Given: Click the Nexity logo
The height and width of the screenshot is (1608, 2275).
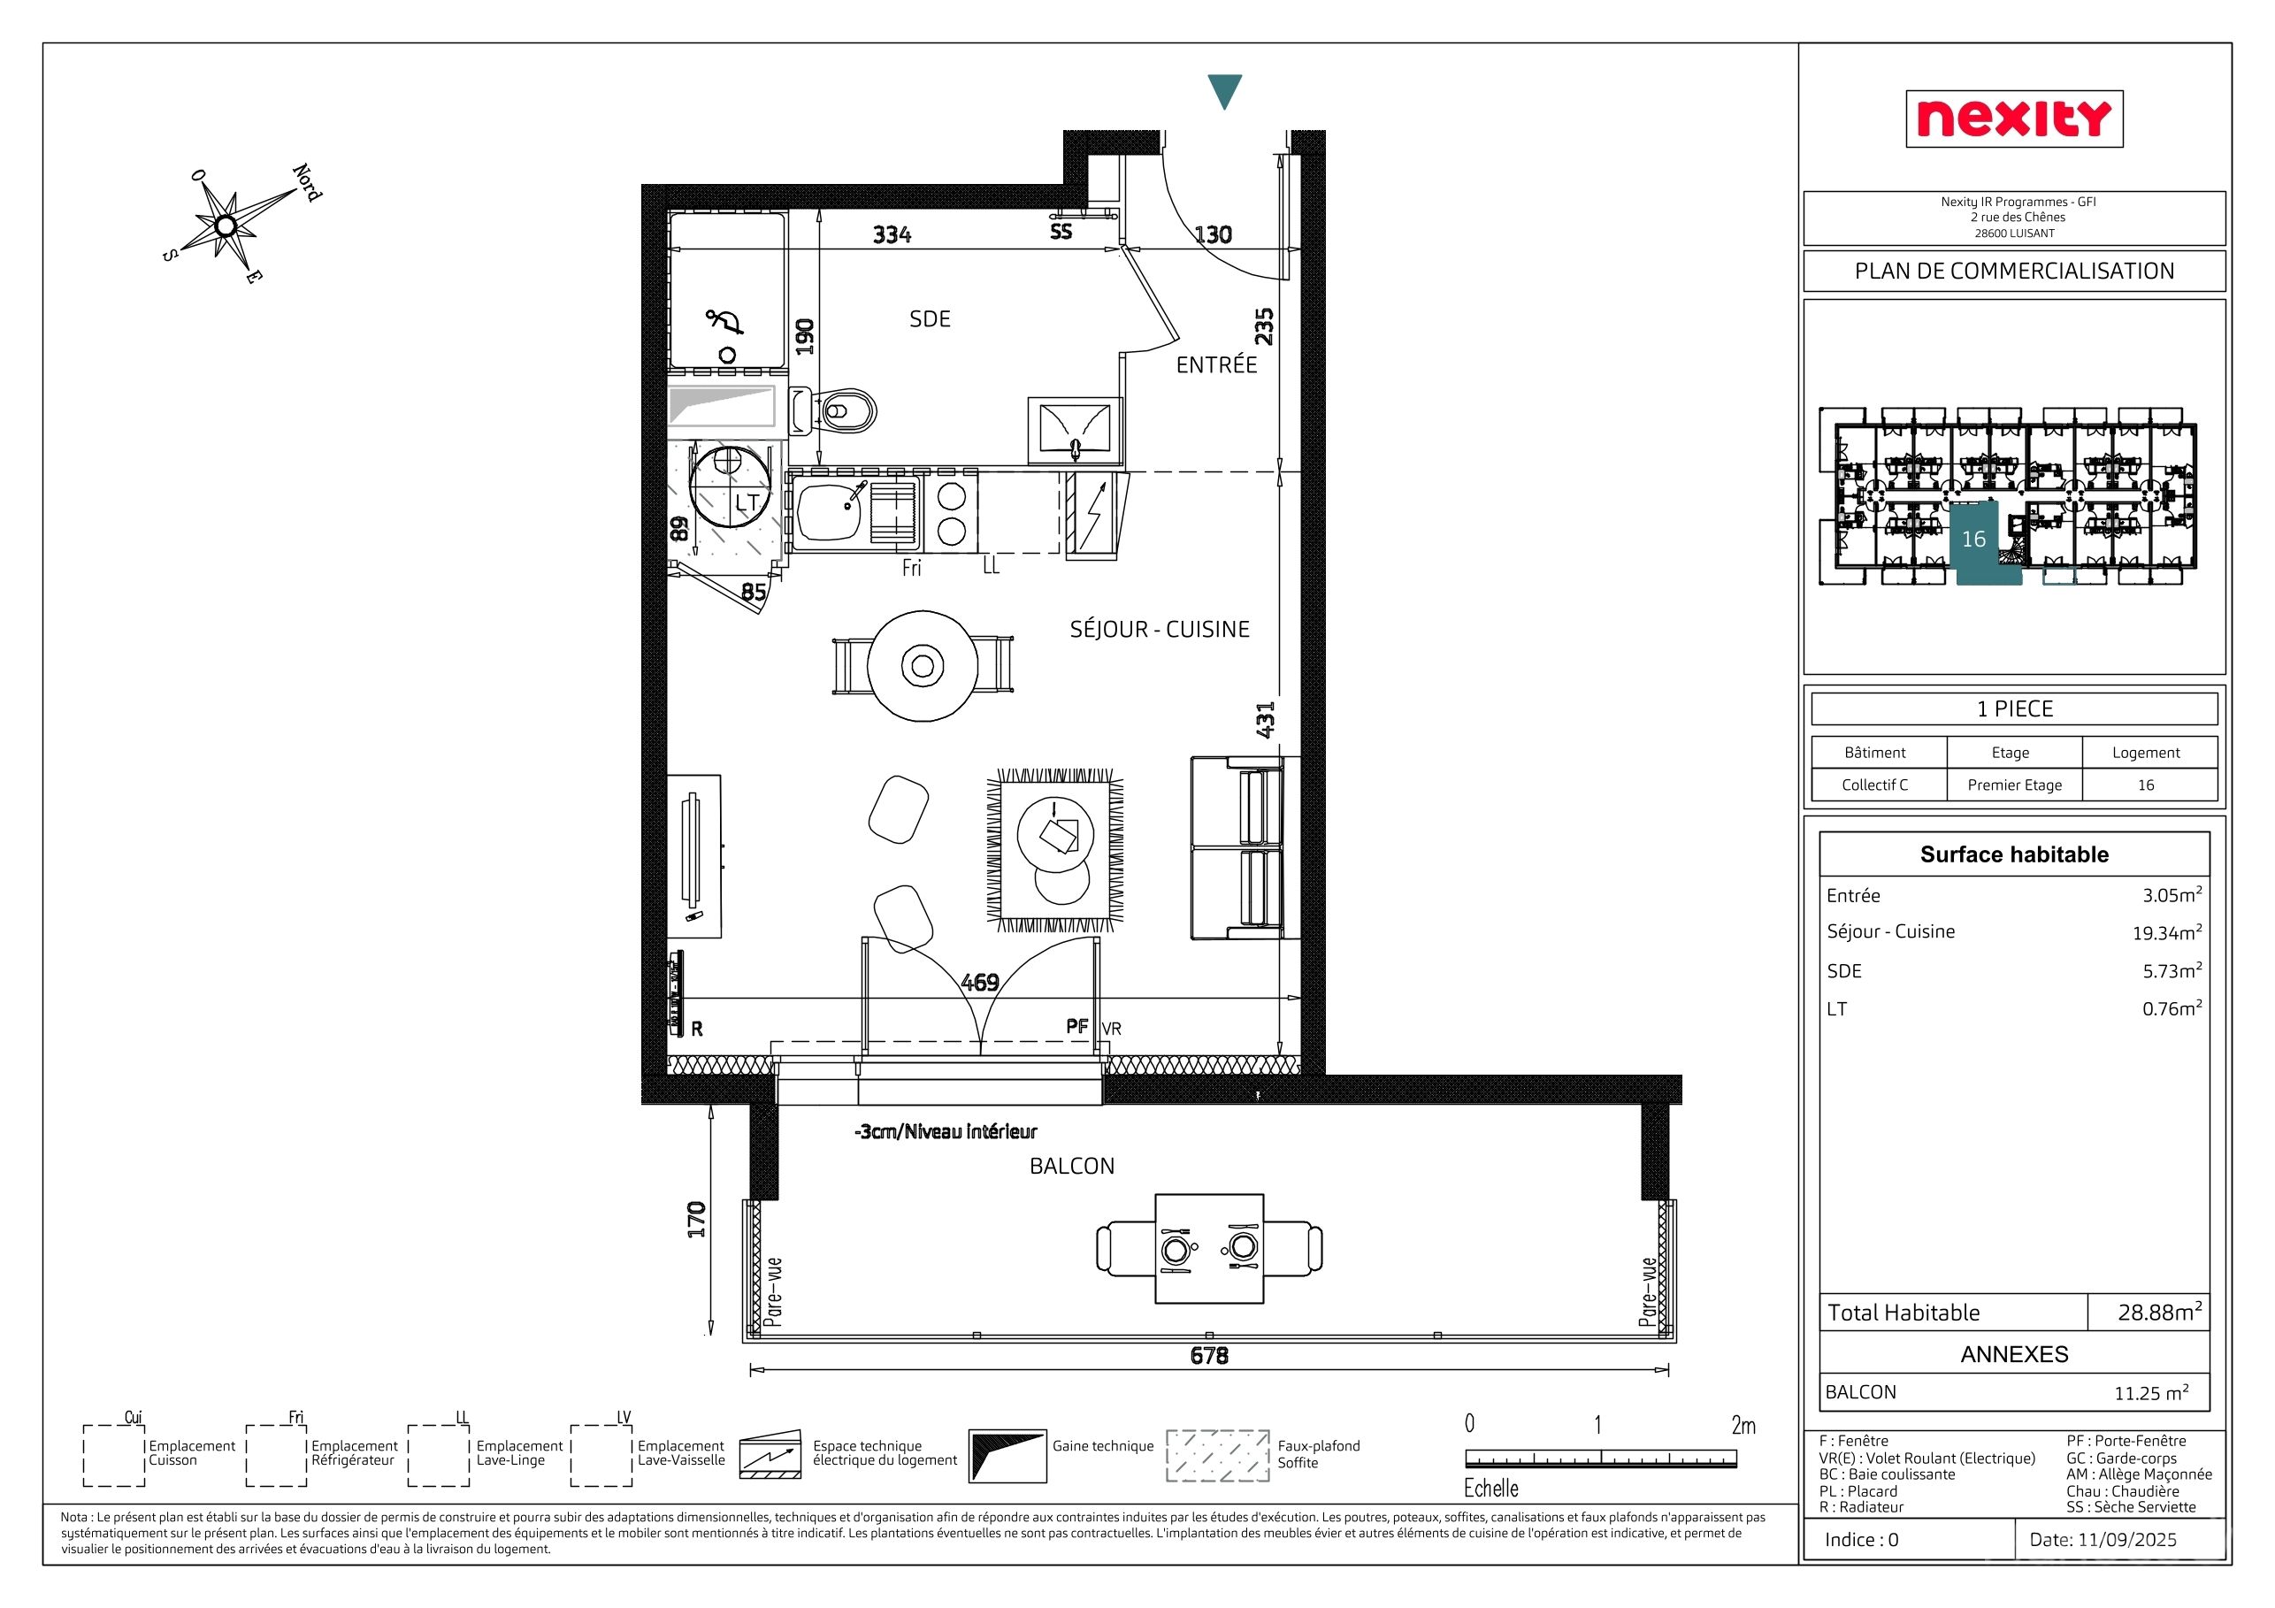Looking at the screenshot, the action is (2013, 119).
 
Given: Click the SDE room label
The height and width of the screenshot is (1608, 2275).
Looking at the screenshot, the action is (930, 319).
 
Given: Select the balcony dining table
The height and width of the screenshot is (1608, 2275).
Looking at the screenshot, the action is (1209, 1248).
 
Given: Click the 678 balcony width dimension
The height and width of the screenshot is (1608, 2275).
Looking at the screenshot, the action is (1209, 1355).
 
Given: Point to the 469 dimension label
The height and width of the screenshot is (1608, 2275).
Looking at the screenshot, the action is (979, 982).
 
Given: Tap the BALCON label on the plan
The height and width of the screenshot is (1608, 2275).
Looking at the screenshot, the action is (1071, 1166).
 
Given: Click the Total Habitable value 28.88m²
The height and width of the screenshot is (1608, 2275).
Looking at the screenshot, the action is (2160, 1312).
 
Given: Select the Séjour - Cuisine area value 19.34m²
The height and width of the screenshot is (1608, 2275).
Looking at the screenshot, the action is (2167, 932).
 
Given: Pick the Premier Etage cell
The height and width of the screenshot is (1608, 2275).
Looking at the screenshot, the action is (2014, 785).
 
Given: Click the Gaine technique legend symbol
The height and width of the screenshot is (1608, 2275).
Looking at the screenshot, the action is (1007, 1455).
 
